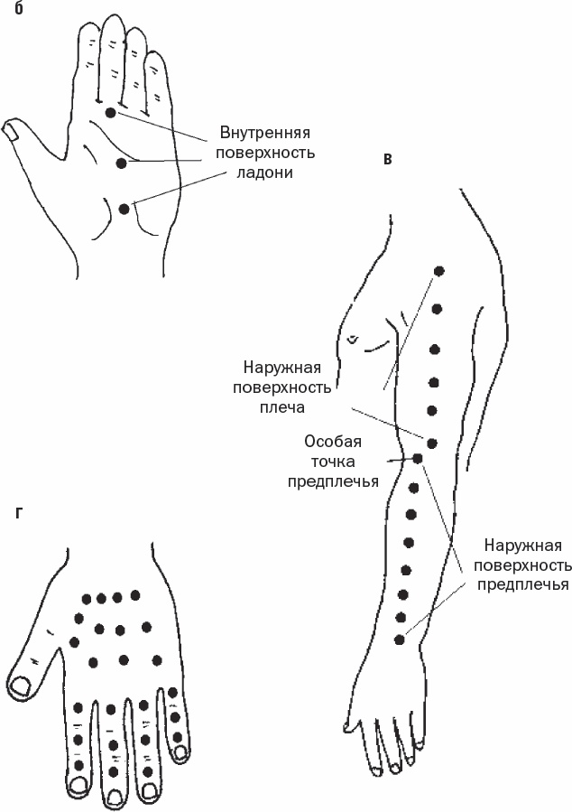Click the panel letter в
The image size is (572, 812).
[x=387, y=160]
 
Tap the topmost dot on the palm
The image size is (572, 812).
[x=110, y=112]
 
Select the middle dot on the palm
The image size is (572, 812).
[x=122, y=162]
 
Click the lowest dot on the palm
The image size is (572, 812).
[x=124, y=209]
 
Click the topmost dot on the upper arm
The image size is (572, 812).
[x=439, y=271]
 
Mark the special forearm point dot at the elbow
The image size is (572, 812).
[x=417, y=458]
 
